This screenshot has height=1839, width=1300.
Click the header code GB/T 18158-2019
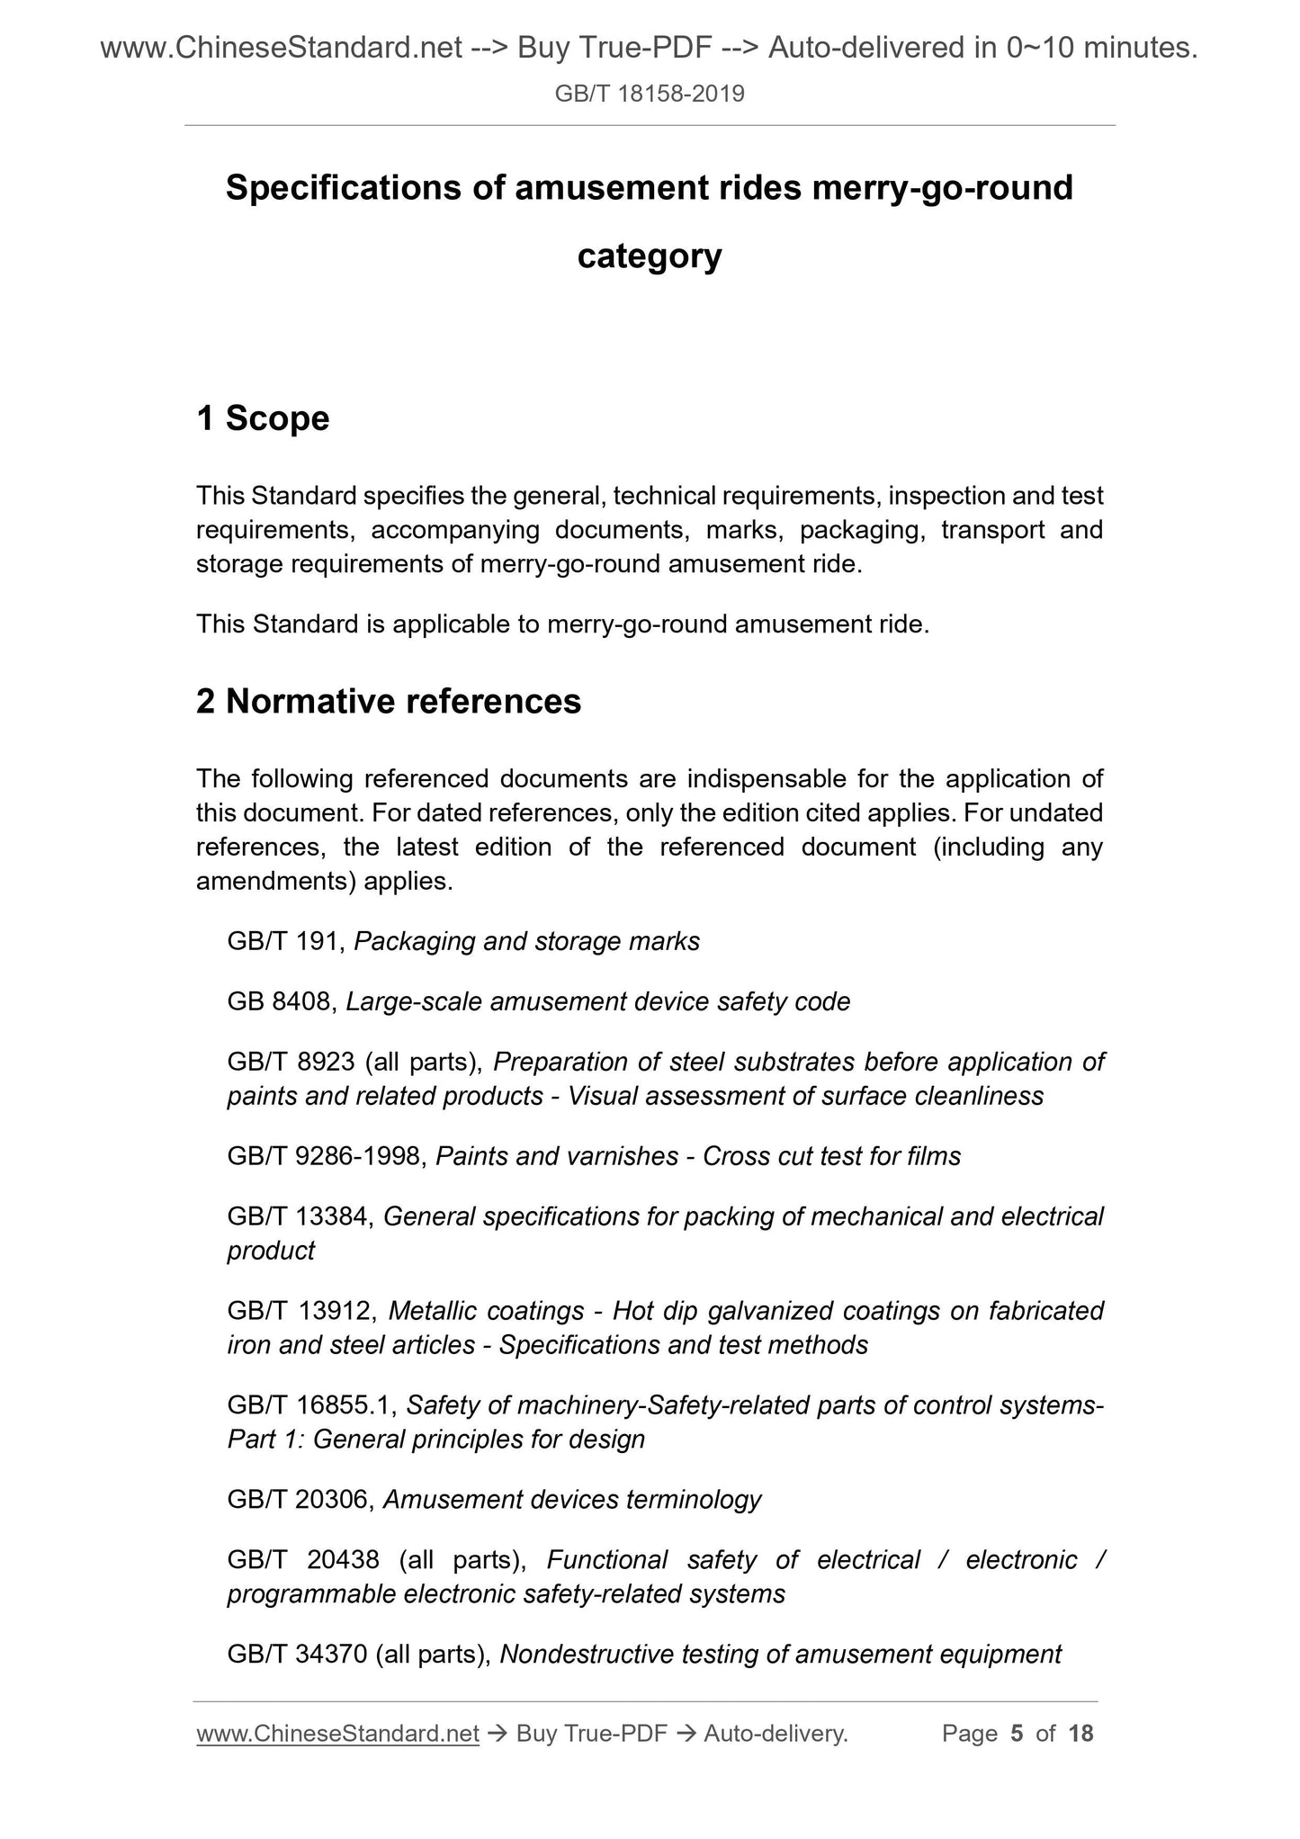click(650, 94)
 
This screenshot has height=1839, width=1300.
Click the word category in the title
click(650, 256)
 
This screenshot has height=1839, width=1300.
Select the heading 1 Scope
click(263, 418)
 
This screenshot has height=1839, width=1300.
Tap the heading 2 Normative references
click(389, 702)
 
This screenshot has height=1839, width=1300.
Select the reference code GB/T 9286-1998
click(325, 1156)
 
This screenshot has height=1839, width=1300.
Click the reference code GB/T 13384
click(298, 1216)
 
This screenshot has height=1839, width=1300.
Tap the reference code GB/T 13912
click(300, 1311)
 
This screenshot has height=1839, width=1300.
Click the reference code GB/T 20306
click(298, 1500)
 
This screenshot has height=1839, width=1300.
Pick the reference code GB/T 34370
click(298, 1655)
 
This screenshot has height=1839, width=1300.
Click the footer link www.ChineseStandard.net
click(337, 1734)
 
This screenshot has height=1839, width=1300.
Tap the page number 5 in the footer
click(1017, 1734)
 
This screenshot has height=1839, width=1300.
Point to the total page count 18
click(1080, 1734)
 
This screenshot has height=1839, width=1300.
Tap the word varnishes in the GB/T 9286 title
click(623, 1156)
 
